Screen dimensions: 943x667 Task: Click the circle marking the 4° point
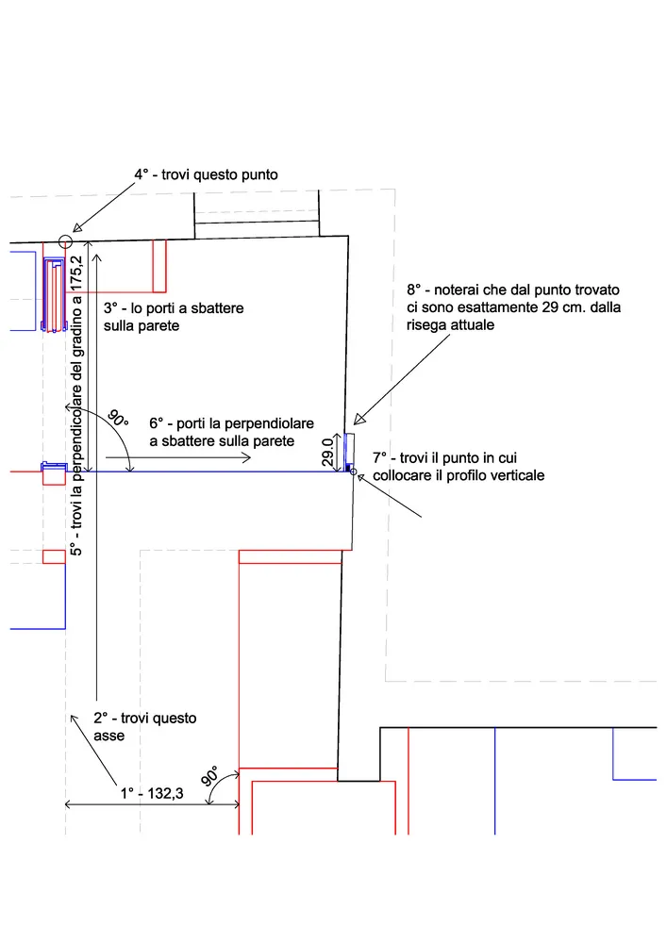tap(66, 241)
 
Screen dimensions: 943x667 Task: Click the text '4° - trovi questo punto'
tap(206, 174)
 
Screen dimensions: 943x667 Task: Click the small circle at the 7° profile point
tap(354, 471)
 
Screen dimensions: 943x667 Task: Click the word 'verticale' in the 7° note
tap(514, 475)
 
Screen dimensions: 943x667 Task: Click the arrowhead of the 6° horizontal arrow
tap(247, 457)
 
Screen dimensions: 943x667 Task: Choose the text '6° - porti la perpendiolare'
tap(231, 424)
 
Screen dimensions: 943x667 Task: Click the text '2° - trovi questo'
tap(145, 718)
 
